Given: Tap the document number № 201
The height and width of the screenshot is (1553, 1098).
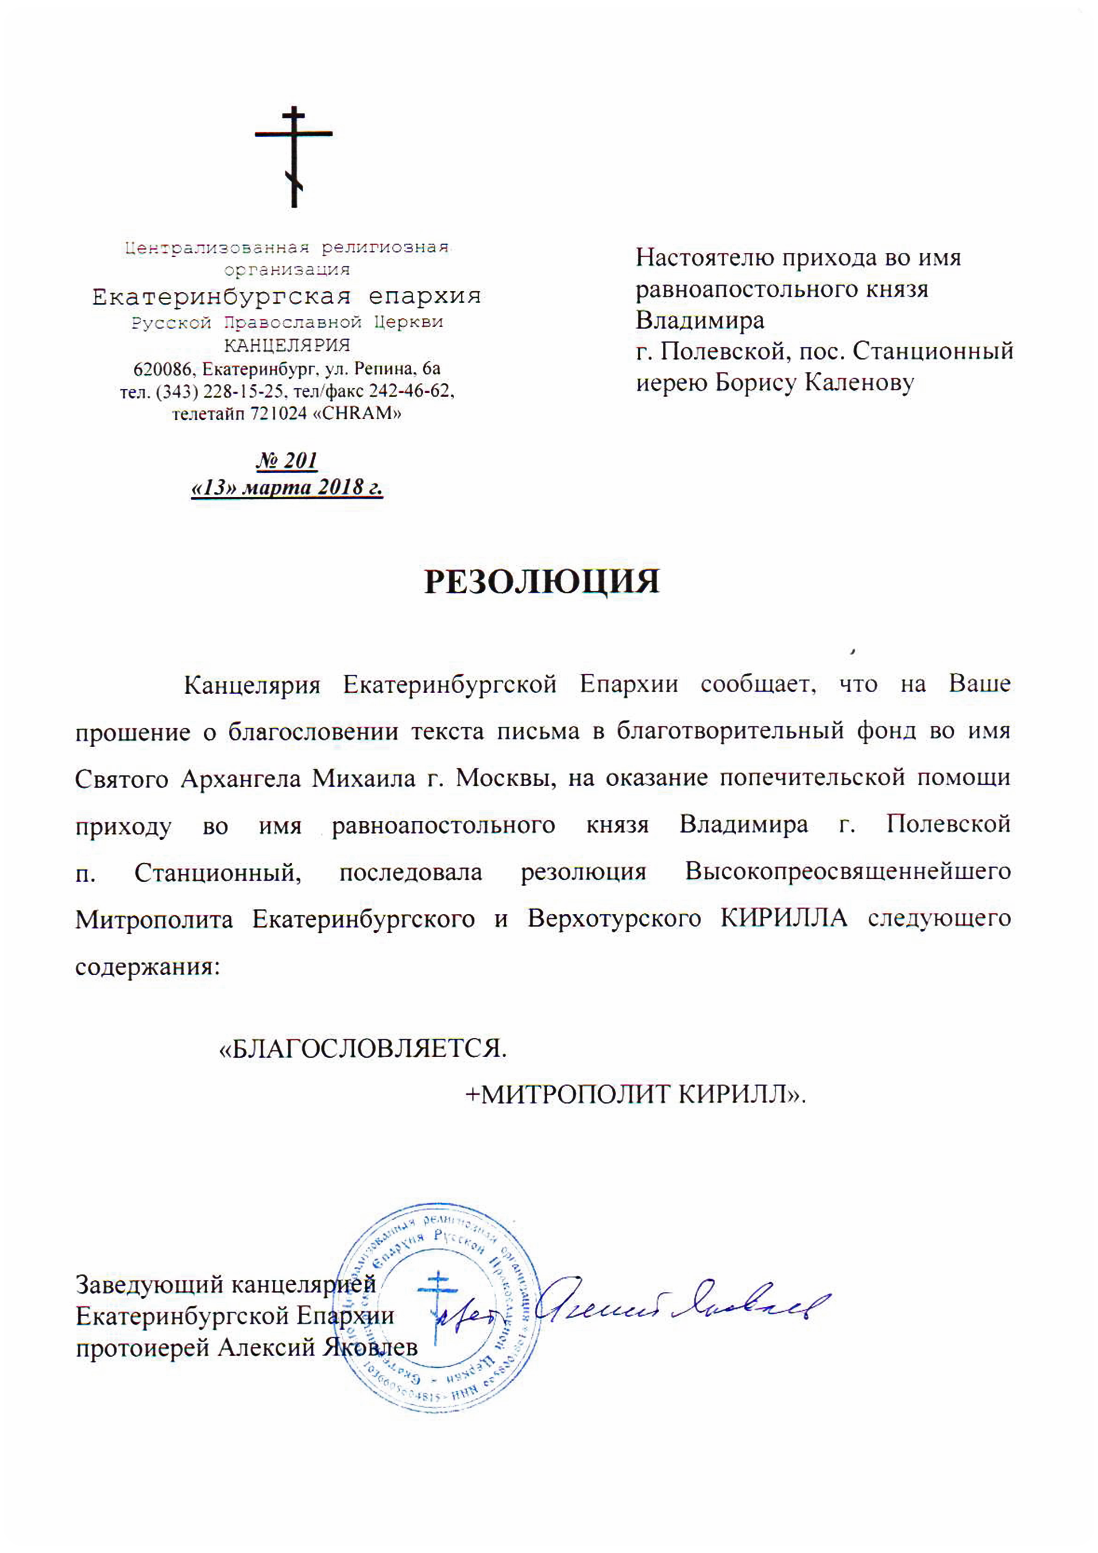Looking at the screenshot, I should pyautogui.click(x=287, y=460).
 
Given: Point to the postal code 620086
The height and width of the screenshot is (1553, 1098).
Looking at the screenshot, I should pyautogui.click(x=165, y=369).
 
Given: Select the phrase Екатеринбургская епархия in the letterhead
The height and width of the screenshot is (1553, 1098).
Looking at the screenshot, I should pyautogui.click(x=287, y=296).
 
